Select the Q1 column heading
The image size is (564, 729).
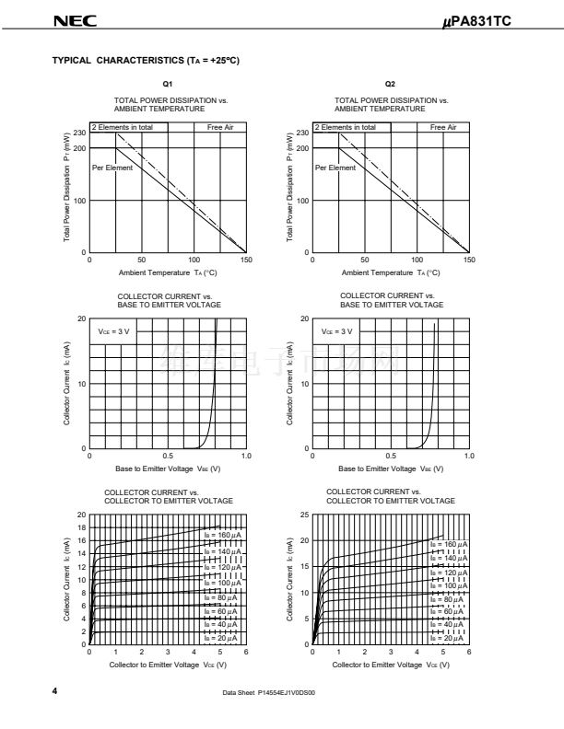pos(168,84)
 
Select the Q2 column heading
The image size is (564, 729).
pos(390,84)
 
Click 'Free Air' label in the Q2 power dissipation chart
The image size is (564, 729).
pos(443,127)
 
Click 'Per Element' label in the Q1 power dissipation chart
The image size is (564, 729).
pos(112,168)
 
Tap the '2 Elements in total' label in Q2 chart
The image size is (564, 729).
pos(346,127)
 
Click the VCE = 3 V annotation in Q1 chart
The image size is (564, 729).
pos(114,330)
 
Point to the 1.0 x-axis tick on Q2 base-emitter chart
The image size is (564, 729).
pos(469,456)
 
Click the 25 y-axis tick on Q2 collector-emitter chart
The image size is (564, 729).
pos(304,515)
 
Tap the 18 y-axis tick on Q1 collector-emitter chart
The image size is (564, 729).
pos(80,527)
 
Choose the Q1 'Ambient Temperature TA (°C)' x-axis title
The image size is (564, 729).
pos(168,272)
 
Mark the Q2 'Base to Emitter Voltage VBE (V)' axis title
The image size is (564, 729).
pos(390,469)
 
